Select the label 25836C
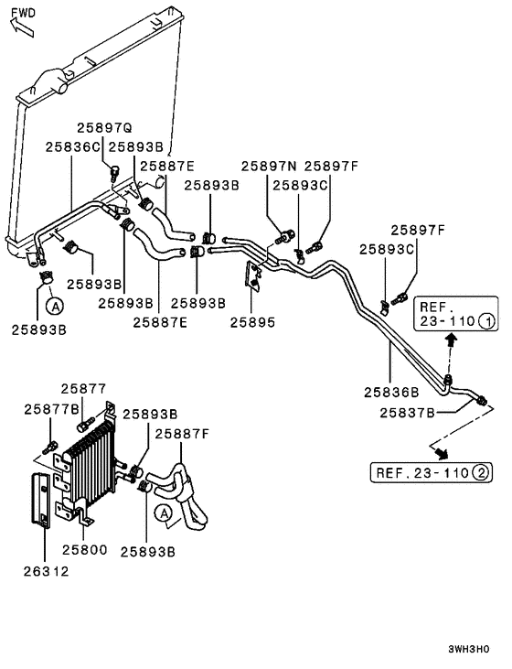coord(73,146)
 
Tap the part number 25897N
coord(269,166)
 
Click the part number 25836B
coord(391,392)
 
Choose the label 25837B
coord(406,412)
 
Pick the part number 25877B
coord(51,408)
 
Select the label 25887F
coord(181,433)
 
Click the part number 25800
coord(85,551)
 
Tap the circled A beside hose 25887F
coord(164,514)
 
